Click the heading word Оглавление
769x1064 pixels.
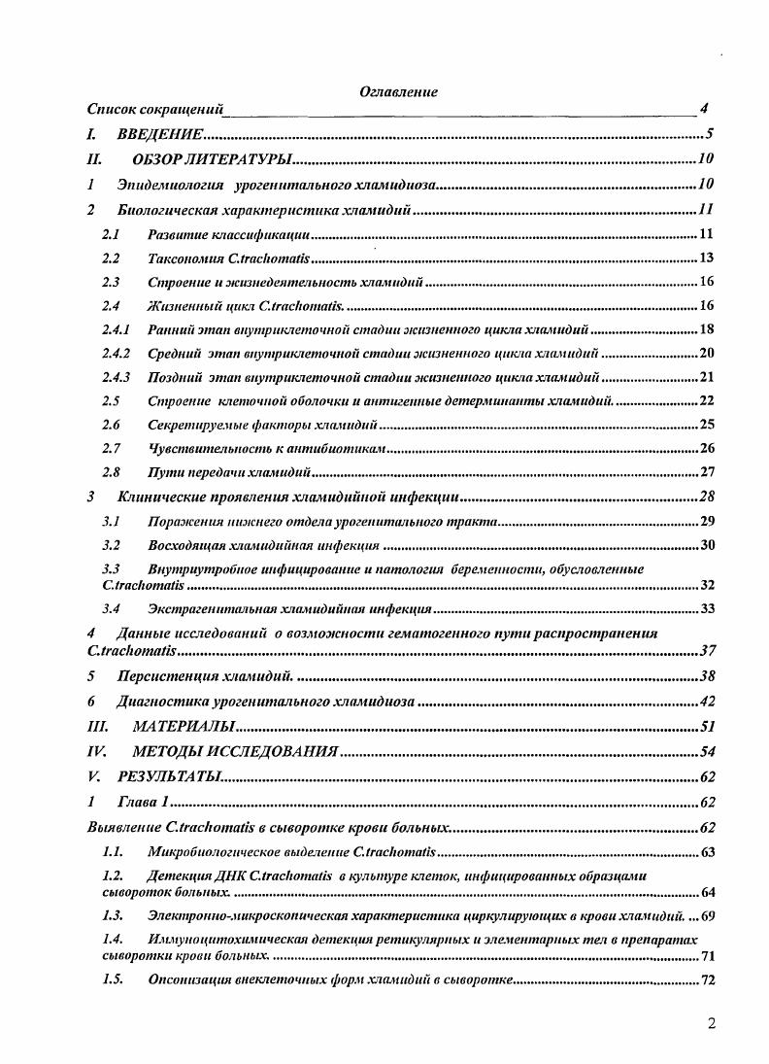click(x=398, y=92)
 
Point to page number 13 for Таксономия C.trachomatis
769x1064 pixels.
click(x=707, y=258)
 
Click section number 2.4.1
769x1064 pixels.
click(x=117, y=330)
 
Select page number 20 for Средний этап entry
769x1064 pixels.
click(x=707, y=354)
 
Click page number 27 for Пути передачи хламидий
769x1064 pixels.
click(x=707, y=473)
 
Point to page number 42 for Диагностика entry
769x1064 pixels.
click(x=707, y=702)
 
